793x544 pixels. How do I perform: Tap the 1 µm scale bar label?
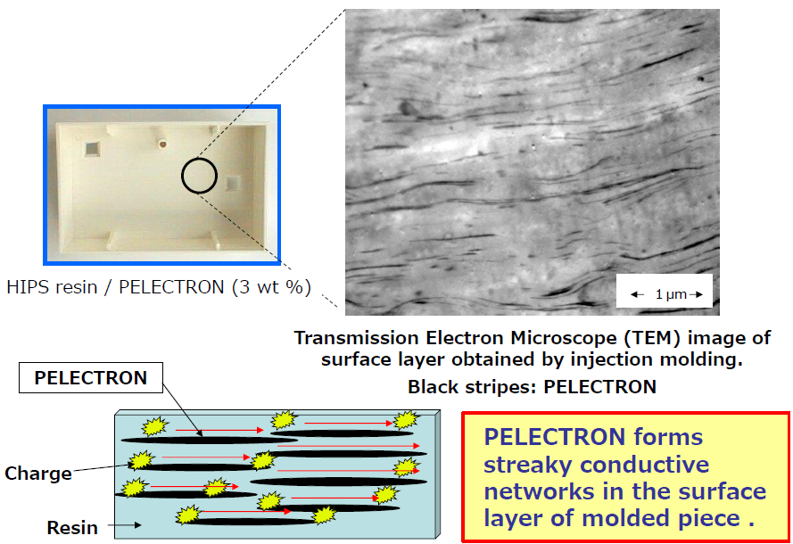click(671, 293)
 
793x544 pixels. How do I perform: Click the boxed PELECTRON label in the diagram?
click(91, 377)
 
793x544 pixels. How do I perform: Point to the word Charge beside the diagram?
click(38, 474)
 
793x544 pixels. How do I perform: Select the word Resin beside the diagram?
click(72, 527)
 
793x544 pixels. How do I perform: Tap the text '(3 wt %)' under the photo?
click(271, 286)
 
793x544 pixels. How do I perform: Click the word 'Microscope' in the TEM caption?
click(566, 338)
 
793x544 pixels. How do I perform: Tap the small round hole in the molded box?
click(162, 144)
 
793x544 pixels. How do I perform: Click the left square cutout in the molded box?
click(92, 148)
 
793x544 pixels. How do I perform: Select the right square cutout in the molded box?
click(233, 183)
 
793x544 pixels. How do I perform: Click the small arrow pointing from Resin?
click(124, 525)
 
